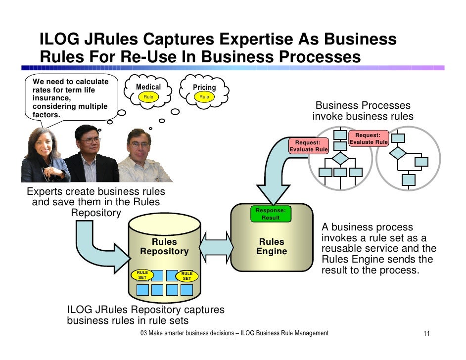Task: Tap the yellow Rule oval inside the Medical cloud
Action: pos(148,97)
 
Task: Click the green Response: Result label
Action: pos(271,214)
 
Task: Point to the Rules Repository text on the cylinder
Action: pos(164,246)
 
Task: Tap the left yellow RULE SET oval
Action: pos(142,275)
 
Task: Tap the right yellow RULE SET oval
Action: pos(187,276)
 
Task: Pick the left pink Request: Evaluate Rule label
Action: pos(308,146)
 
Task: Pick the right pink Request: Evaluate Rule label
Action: pos(368,138)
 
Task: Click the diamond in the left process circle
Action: pos(340,159)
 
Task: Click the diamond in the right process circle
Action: pos(398,153)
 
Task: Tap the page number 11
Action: pos(426,334)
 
